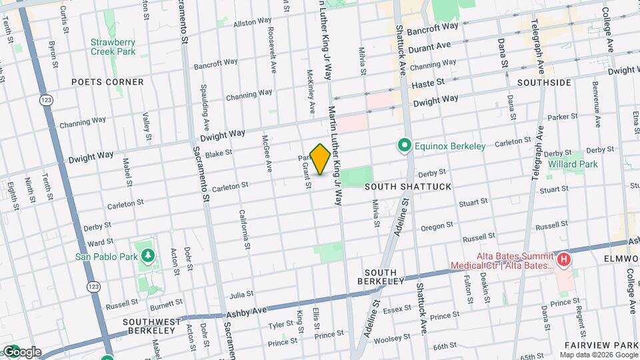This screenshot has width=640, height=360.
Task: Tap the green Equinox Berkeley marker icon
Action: pos(403,145)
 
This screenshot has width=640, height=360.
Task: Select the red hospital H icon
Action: pos(564,259)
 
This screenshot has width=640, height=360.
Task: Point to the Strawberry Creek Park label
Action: pos(113,47)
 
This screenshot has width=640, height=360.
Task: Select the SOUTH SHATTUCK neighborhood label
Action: pos(408,187)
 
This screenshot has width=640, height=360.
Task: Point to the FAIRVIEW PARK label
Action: pos(601,345)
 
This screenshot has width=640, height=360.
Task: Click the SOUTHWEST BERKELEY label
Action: pos(153,326)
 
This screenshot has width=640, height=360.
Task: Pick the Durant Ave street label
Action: pos(430,47)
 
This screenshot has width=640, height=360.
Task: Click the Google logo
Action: pos(22,352)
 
